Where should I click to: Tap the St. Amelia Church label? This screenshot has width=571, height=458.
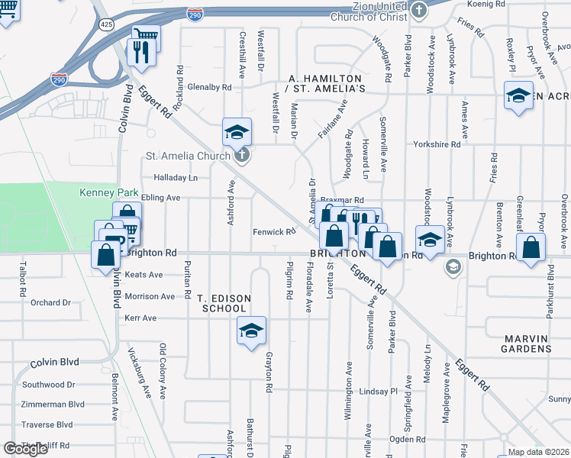[188, 156]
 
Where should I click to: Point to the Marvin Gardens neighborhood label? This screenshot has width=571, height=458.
[527, 343]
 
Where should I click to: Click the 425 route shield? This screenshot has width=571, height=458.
[107, 25]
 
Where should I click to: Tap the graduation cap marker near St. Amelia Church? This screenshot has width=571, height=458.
[237, 131]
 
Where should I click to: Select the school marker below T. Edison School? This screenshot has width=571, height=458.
[250, 330]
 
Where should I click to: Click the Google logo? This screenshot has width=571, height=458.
[25, 449]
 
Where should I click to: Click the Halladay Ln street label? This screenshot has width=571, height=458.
[176, 178]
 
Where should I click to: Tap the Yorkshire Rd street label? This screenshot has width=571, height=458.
[437, 144]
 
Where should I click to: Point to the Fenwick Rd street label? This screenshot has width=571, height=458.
[274, 231]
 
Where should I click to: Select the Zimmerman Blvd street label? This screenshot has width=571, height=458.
[53, 405]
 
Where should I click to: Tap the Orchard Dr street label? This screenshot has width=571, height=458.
[50, 303]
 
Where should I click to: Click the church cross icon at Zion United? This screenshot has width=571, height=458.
[418, 11]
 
